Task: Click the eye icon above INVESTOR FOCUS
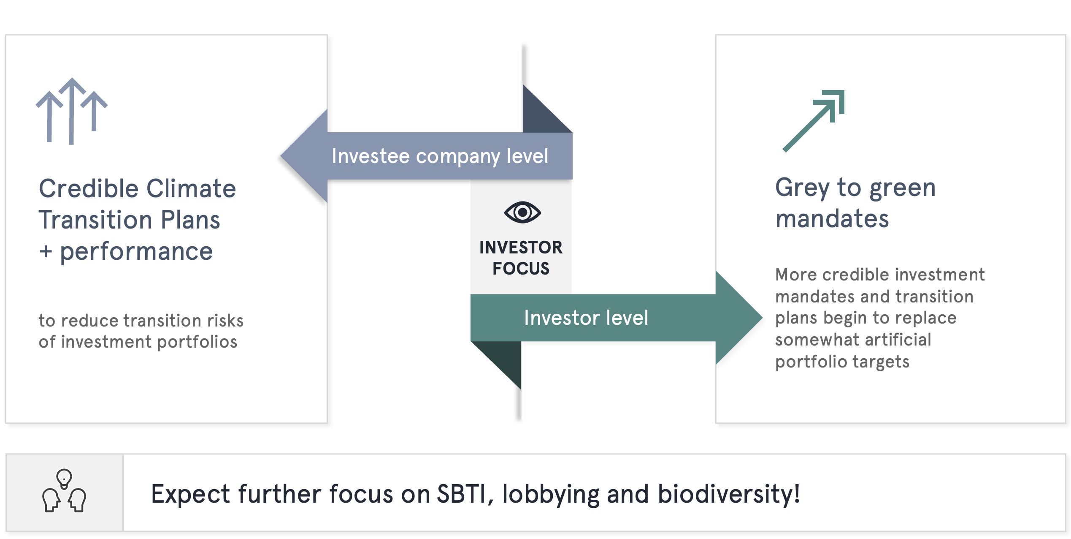(522, 212)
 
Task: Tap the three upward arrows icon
(72, 111)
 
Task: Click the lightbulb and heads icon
(64, 491)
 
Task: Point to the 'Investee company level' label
(440, 156)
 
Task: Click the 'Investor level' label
(586, 318)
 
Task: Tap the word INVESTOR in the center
(521, 248)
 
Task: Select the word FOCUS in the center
(521, 269)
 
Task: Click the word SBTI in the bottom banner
(461, 494)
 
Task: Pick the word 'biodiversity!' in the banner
(729, 494)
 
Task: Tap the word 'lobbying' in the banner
(551, 495)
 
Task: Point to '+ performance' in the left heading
(126, 252)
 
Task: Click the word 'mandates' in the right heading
(832, 219)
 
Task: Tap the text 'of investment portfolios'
(138, 342)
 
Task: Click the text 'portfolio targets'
(842, 362)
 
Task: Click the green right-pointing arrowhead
(738, 318)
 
